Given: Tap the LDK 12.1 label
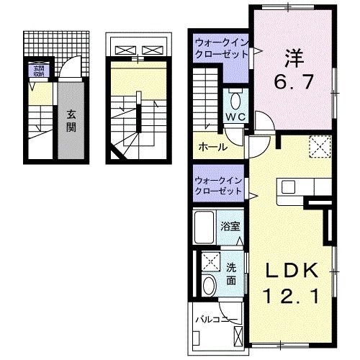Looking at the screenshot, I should pyautogui.click(x=292, y=283).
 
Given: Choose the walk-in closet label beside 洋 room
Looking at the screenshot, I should pyautogui.click(x=220, y=49).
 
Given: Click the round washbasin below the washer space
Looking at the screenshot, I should pyautogui.click(x=209, y=285).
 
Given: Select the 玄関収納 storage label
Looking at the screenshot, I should pyautogui.click(x=37, y=71).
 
